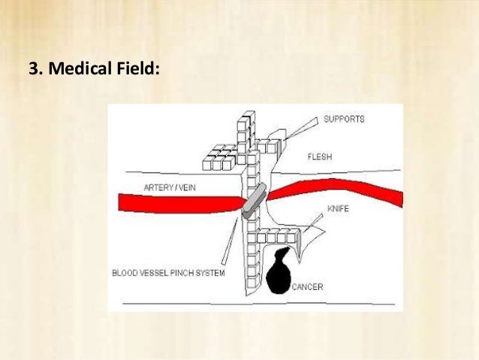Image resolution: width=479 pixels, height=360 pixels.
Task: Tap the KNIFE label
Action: [x=338, y=208]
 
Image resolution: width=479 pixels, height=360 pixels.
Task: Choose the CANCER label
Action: [x=309, y=286]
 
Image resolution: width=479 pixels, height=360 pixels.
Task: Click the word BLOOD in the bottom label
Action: [x=125, y=273]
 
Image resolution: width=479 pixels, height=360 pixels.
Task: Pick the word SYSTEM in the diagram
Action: [x=211, y=273]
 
